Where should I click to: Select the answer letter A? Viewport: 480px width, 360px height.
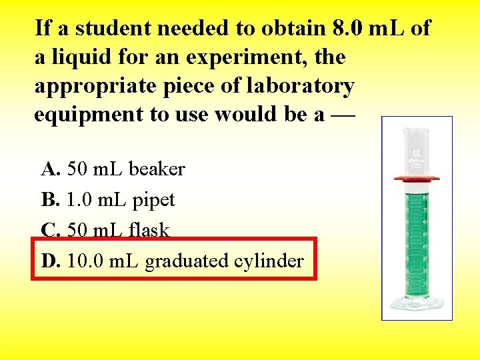(x=50, y=169)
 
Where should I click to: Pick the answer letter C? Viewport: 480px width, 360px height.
(x=50, y=230)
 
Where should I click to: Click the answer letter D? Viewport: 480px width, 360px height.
(x=50, y=261)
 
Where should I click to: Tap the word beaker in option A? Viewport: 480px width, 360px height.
(x=157, y=169)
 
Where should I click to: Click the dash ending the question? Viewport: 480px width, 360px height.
(x=344, y=115)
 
